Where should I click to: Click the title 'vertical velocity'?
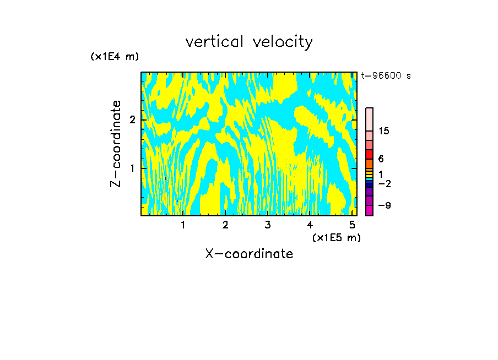[249, 42]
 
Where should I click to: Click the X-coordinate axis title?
[249, 254]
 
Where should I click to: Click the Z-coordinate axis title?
[116, 144]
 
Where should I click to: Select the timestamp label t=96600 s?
[386, 76]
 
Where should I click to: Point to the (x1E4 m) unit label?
[115, 57]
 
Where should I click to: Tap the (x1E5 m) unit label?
[336, 237]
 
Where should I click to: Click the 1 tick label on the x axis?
[183, 225]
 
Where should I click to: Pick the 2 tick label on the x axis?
[225, 225]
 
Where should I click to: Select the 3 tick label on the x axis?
[267, 225]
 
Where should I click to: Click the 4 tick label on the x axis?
[310, 225]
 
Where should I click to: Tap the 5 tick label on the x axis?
[351, 225]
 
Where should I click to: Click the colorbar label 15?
[384, 131]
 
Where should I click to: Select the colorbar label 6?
[381, 159]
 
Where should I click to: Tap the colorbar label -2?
[384, 183]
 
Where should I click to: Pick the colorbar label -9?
[384, 205]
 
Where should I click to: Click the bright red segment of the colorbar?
[370, 154]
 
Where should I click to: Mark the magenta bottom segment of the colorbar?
[370, 210]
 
